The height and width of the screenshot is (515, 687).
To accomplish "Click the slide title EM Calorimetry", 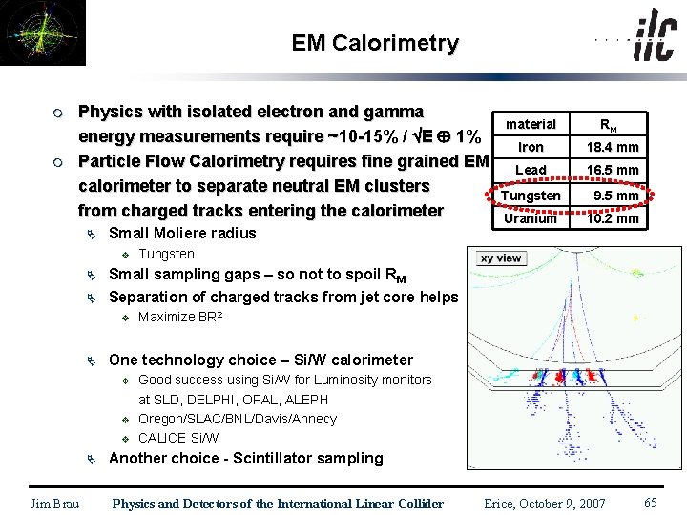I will [375, 43].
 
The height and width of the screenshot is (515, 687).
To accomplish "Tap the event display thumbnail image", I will [42, 32].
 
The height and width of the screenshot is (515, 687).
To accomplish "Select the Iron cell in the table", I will [531, 147].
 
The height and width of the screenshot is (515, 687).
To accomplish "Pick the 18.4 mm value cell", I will [613, 147].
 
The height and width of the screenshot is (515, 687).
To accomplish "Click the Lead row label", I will [531, 170].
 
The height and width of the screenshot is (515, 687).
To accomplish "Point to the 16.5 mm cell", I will [613, 170].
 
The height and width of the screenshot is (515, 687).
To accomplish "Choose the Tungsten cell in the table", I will [531, 196].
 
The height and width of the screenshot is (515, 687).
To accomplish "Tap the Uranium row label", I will [531, 218].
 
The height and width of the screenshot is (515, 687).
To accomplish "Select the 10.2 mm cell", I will [613, 218].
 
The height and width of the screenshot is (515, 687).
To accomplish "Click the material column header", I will [531, 124].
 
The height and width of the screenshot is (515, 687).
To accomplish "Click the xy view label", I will [501, 258].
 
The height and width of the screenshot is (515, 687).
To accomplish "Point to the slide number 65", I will [651, 503].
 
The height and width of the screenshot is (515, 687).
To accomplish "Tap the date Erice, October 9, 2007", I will [545, 504].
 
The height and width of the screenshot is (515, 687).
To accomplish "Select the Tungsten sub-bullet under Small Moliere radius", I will [166, 254].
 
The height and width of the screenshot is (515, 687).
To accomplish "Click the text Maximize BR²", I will [180, 317].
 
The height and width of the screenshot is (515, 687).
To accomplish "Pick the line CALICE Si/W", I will [178, 438].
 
